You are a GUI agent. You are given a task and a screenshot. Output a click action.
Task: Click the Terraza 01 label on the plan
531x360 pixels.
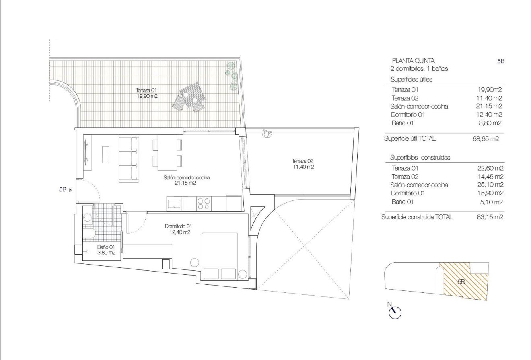[146, 93]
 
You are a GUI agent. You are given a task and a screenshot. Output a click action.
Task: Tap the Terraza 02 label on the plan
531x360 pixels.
[303, 163]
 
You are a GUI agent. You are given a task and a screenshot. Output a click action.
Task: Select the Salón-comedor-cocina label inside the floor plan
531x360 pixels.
[187, 180]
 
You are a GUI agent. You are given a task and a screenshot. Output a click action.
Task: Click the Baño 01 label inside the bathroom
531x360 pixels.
[106, 250]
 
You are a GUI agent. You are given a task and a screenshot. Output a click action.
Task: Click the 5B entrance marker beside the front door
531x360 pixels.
[64, 190]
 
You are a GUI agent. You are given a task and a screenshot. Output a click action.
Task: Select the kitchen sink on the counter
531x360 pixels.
[174, 203]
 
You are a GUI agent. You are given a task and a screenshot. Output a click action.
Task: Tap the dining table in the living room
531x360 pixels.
[167, 152]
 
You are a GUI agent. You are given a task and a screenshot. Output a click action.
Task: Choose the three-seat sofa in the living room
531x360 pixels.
[129, 158]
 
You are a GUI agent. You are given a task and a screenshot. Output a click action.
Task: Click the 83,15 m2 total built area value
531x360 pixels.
[489, 217]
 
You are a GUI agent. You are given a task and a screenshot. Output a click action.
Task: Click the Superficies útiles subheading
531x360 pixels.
[411, 80]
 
